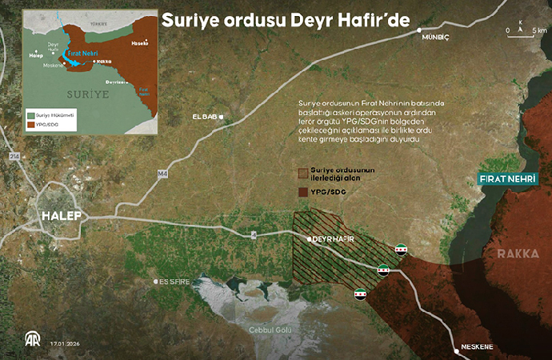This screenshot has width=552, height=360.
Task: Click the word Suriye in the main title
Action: [189, 22]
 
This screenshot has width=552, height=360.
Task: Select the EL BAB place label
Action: [204, 118]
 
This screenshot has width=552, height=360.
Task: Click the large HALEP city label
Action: [59, 216]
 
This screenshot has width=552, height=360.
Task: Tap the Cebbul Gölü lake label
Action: [270, 330]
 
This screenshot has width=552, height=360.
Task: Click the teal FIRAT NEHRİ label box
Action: [503, 178]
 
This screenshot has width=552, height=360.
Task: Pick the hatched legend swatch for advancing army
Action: [302, 173]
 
